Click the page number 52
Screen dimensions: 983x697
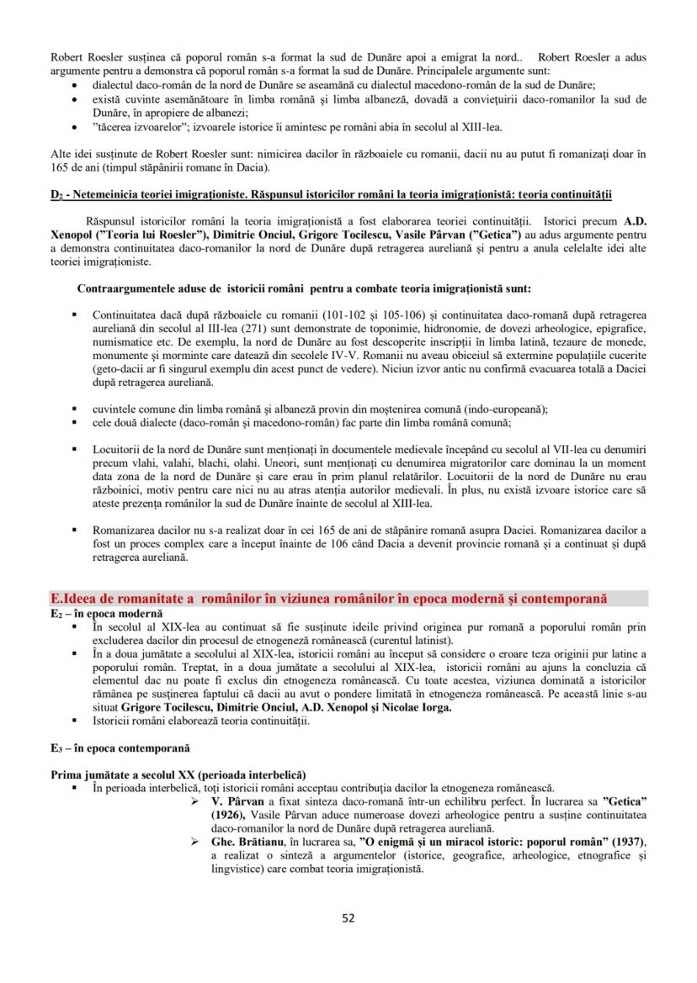(x=348, y=917)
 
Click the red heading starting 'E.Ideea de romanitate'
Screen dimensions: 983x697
(x=328, y=599)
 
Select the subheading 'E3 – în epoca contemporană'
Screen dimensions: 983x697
(x=120, y=747)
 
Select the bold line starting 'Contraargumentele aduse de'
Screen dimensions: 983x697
(x=303, y=288)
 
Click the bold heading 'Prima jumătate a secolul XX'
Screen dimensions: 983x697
(x=178, y=774)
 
